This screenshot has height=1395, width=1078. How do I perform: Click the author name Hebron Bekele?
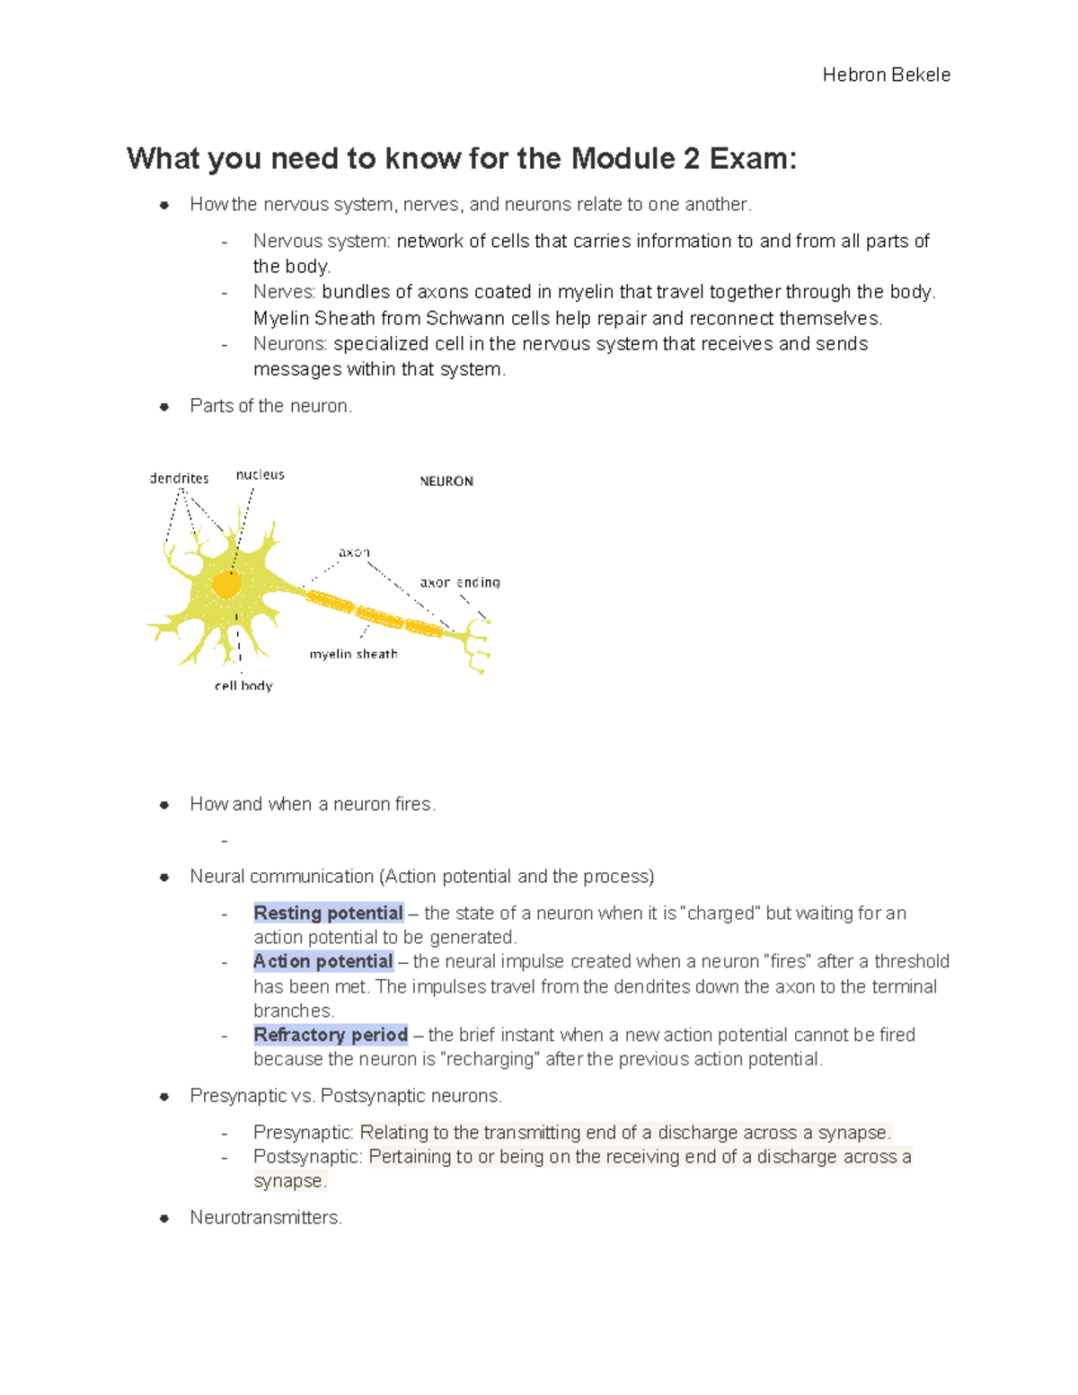coord(886,75)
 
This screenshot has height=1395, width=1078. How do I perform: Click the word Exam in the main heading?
coord(752,159)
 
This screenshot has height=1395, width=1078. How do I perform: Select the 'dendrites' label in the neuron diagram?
coord(179,479)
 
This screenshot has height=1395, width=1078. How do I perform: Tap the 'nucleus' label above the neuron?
coord(260,474)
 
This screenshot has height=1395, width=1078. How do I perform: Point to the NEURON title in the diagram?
coord(446,481)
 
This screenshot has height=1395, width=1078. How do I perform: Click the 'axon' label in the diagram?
coord(354,552)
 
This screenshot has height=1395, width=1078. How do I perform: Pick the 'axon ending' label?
coord(460,582)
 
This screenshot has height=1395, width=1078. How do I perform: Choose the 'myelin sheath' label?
coord(353,654)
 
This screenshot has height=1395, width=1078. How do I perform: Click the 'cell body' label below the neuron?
coord(243,685)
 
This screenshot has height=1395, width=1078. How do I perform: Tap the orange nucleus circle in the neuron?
coord(226,585)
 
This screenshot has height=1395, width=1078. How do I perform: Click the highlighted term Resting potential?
coord(328,913)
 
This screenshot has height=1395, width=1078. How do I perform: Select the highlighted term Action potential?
coord(323,961)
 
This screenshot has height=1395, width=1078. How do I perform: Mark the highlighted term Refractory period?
coord(331,1035)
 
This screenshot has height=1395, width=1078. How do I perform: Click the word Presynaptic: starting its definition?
coord(304,1132)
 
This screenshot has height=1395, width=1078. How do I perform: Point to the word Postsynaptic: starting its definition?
coord(308,1156)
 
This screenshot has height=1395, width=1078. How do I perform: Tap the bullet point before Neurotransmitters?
coord(164,1218)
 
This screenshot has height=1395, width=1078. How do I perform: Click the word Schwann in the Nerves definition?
coord(465,318)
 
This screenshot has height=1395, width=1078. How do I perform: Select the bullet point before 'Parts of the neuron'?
coord(164,406)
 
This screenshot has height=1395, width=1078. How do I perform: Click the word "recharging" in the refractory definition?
coord(490,1059)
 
